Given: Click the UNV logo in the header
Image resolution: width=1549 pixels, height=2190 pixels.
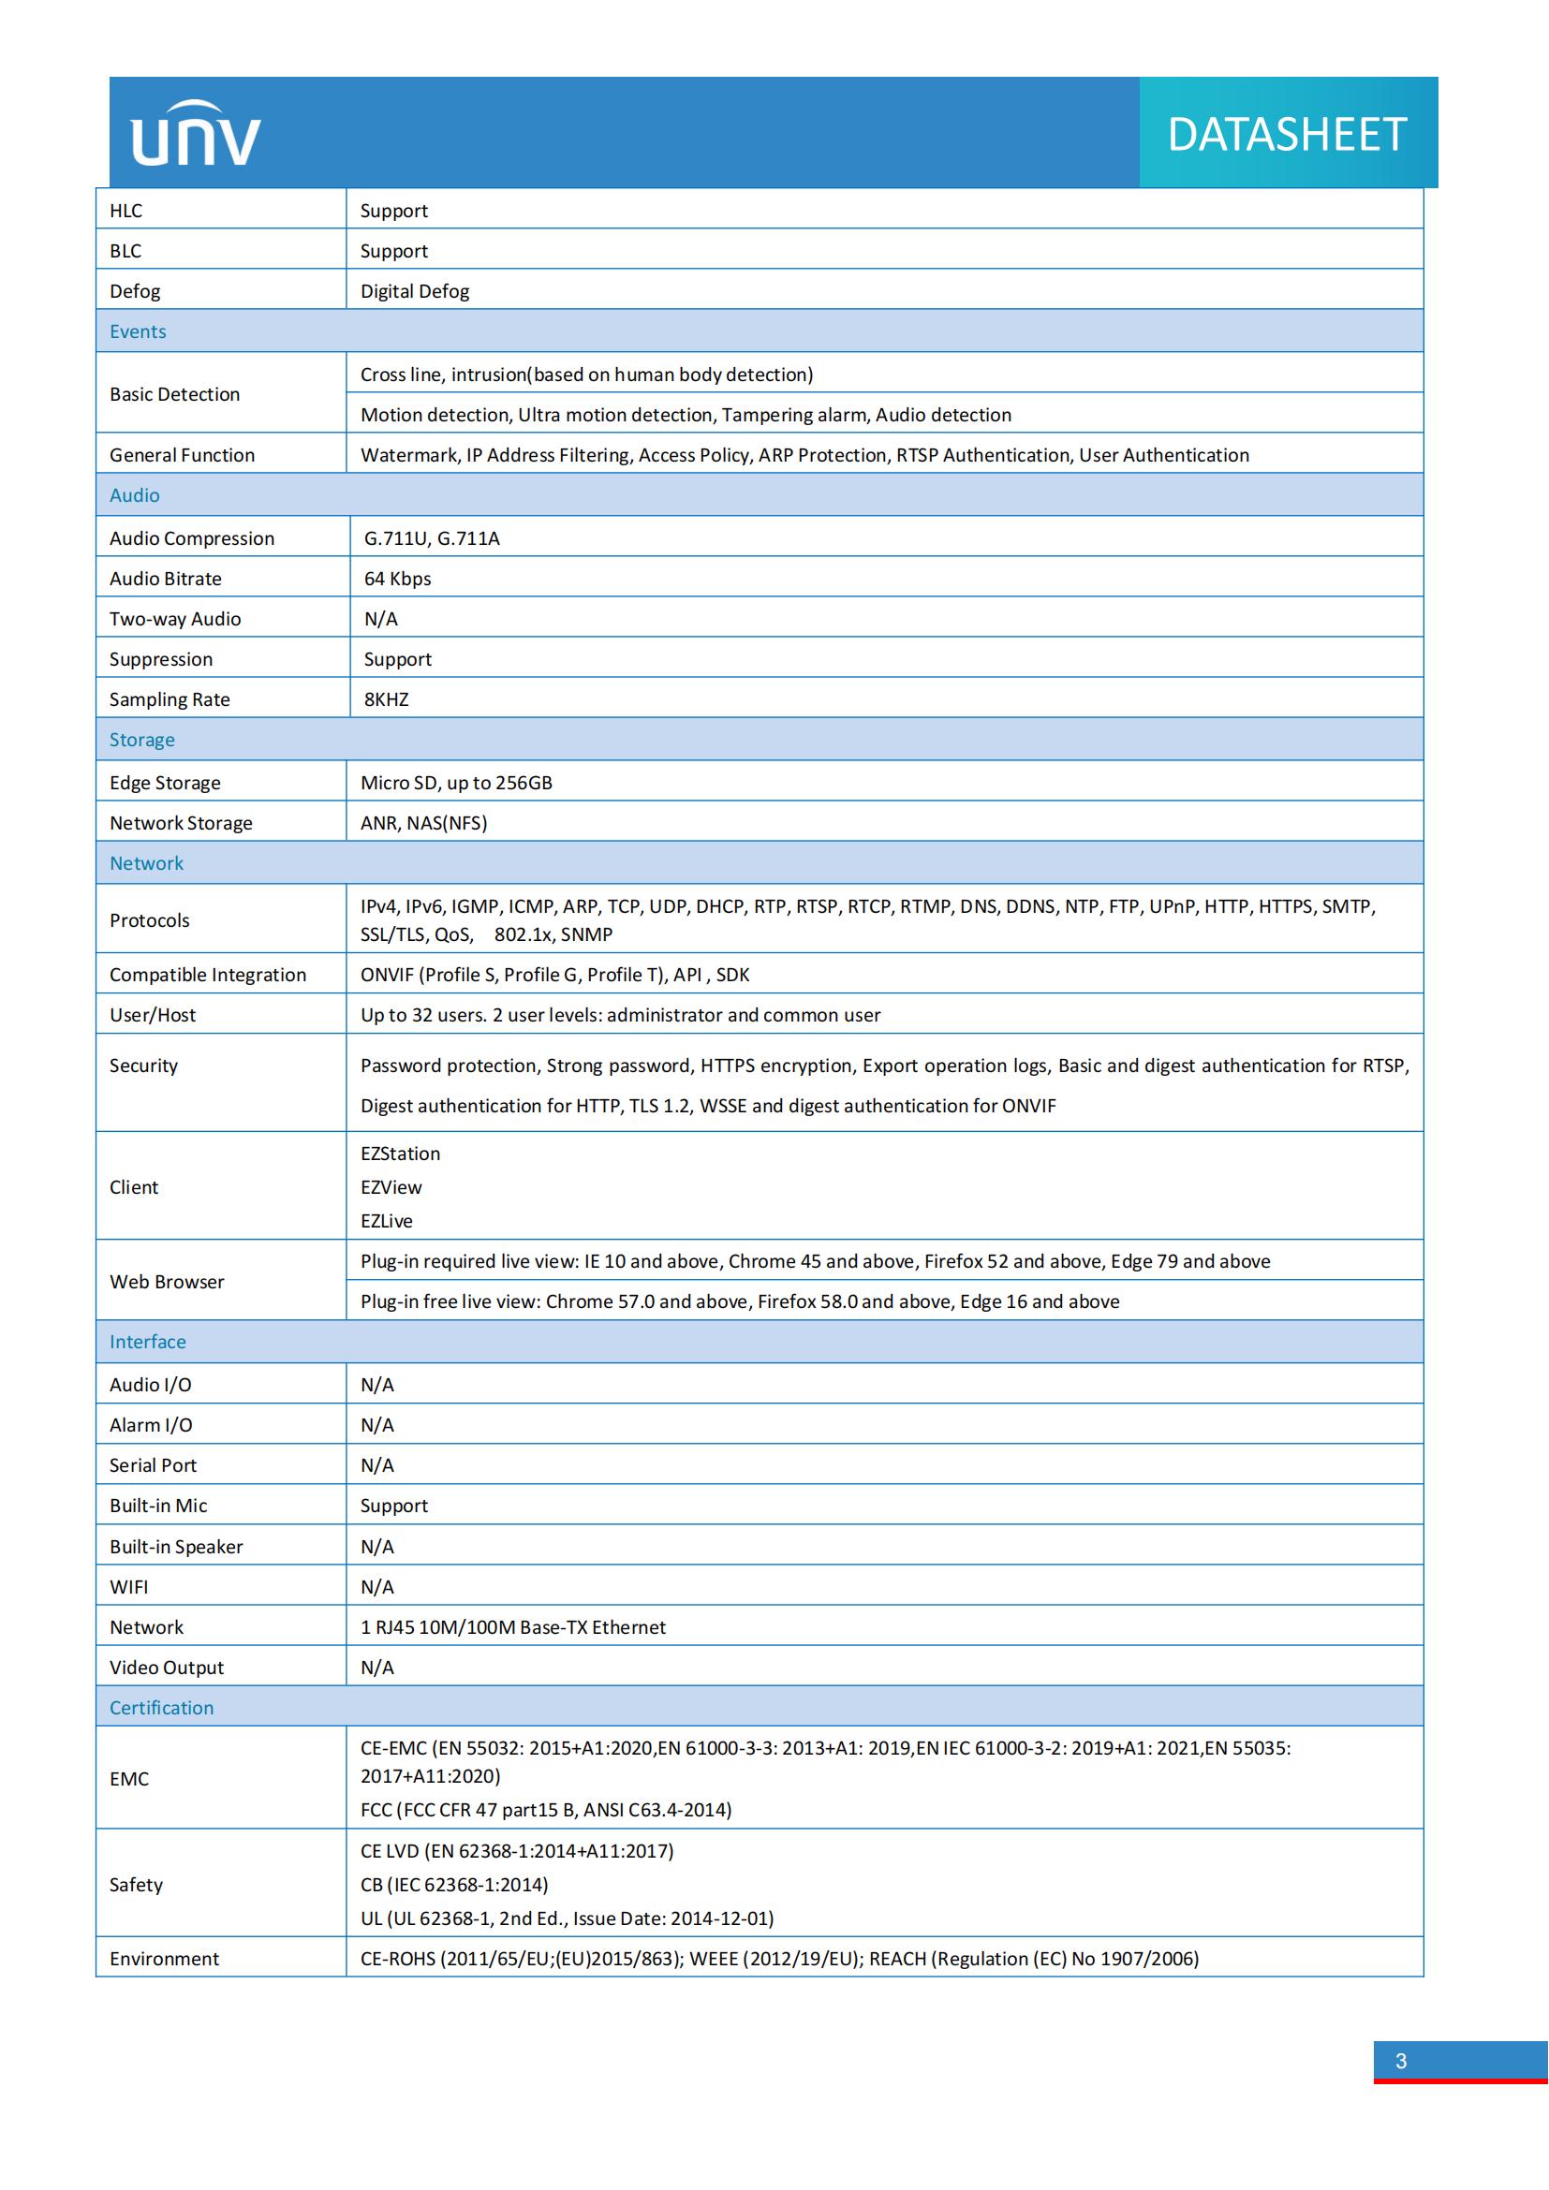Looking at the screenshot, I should point(196,134).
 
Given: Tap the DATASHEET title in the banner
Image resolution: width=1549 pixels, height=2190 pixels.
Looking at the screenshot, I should point(1287,135).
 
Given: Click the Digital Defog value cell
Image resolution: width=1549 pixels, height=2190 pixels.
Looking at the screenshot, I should point(415,291).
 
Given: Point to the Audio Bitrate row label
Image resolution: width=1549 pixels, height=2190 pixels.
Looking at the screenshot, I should point(166,578).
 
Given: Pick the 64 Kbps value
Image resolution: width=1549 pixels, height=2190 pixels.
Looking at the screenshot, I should point(398,578).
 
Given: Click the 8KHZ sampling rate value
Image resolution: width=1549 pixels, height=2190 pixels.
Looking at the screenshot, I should point(386,699).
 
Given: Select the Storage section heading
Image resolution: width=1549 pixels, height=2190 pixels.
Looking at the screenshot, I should point(142,740).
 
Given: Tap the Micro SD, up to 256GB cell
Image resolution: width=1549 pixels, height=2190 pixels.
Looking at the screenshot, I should point(456,782).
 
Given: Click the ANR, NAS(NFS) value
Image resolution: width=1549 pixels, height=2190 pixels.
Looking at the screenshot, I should point(423,822).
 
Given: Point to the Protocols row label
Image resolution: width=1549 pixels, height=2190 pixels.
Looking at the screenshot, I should point(150,919).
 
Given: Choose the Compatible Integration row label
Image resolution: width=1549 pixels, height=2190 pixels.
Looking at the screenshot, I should point(208,974).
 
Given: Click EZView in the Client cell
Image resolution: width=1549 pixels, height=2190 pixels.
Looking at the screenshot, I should point(391,1186).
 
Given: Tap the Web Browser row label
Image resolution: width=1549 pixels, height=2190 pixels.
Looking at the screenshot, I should point(167,1281).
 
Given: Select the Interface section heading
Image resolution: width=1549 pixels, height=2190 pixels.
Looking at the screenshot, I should point(148,1341).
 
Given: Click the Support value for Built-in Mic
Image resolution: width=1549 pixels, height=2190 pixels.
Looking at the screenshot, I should point(394,1506).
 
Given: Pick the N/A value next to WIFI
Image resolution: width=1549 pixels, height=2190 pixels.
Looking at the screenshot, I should point(376,1586).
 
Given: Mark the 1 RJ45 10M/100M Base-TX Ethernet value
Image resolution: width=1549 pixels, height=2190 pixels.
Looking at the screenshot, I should point(513,1626).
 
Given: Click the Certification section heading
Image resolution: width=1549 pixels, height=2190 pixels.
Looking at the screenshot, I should point(162,1708).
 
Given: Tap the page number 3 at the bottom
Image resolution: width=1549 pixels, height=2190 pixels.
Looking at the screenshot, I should point(1400,2060).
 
